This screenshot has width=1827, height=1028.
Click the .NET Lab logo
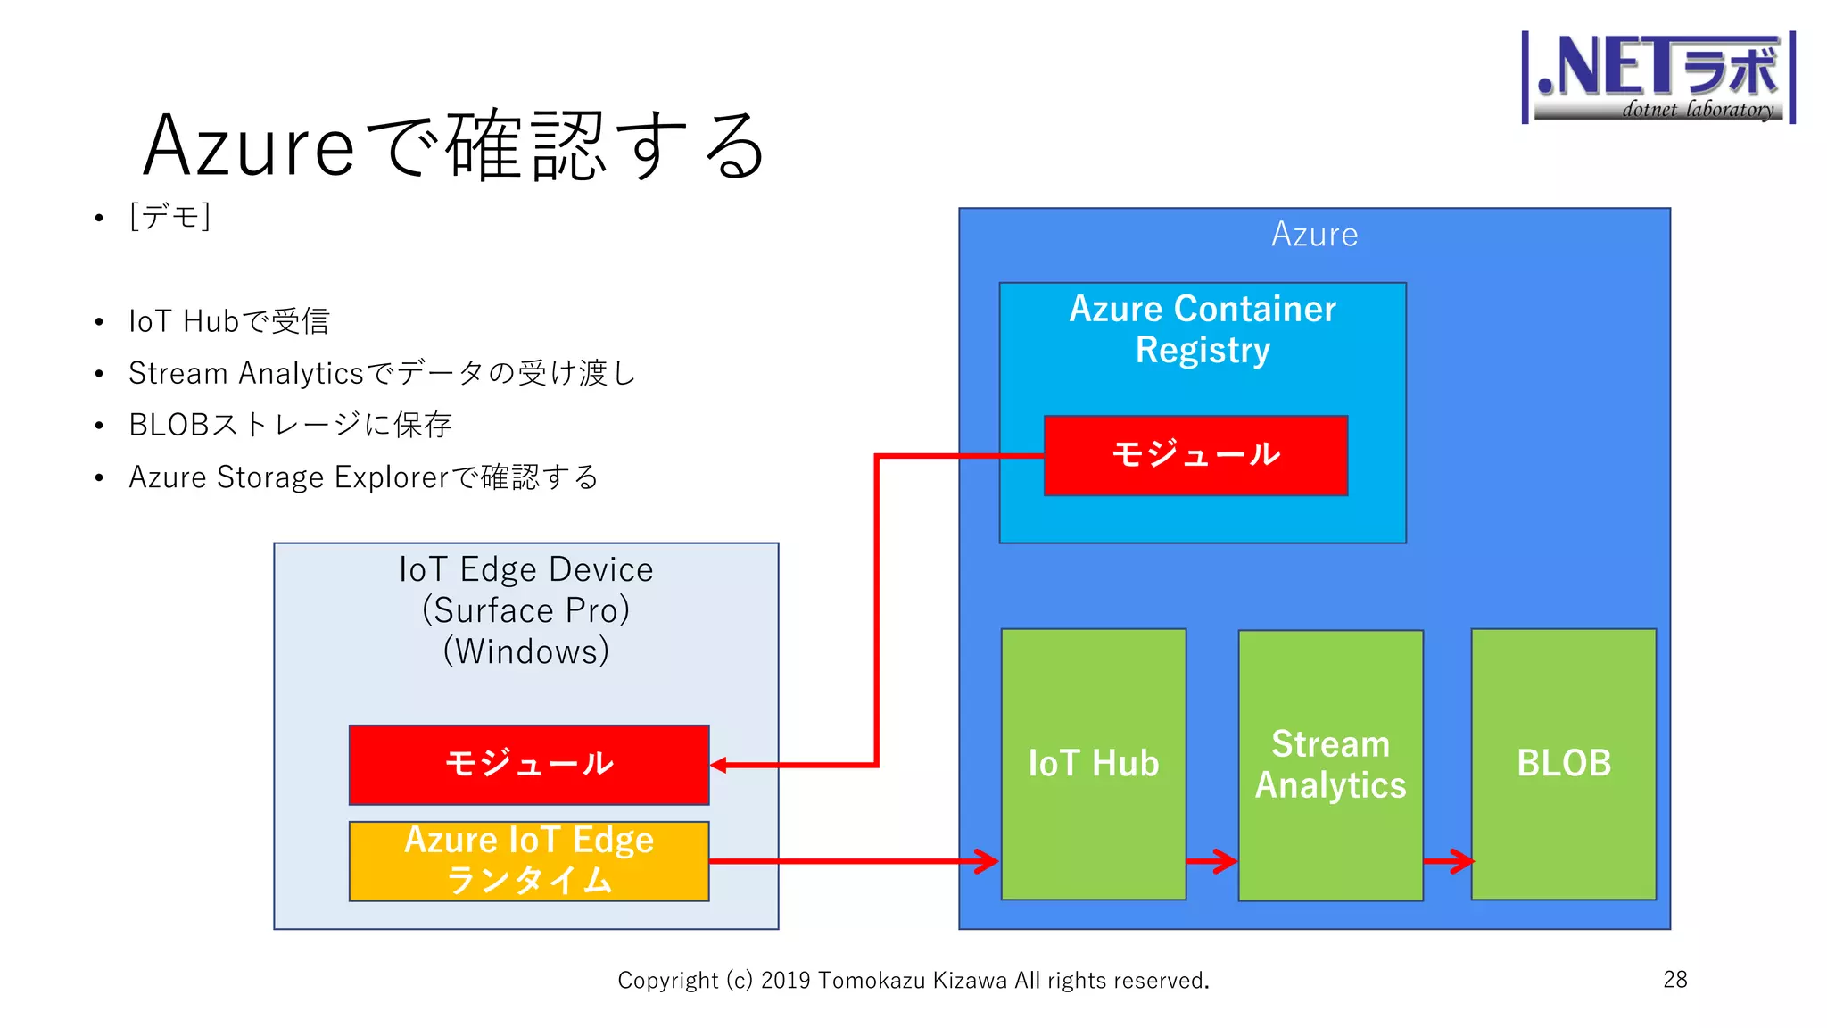point(1658,77)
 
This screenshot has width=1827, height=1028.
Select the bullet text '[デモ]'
point(169,216)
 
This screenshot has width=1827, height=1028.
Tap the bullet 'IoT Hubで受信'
point(229,321)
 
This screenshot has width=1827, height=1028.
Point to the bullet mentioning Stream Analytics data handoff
point(382,373)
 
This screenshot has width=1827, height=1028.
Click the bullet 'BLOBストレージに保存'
point(290,425)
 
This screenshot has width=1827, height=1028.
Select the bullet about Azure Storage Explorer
point(363,477)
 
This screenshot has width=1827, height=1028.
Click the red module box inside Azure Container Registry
point(1195,455)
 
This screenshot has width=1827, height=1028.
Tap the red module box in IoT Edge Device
point(529,764)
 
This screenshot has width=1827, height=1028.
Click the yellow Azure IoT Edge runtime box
point(529,860)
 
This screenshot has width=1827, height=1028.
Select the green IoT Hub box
point(1093,764)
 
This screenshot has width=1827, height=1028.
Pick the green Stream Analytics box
point(1330,764)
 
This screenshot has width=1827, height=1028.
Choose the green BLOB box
point(1564,764)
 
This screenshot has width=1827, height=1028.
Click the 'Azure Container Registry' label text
point(1203,328)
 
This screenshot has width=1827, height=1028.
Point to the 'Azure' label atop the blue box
point(1314,235)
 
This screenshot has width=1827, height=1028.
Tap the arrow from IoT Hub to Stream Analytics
point(1212,861)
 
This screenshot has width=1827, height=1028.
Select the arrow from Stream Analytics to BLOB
point(1448,861)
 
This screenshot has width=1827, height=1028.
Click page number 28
point(1674,979)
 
